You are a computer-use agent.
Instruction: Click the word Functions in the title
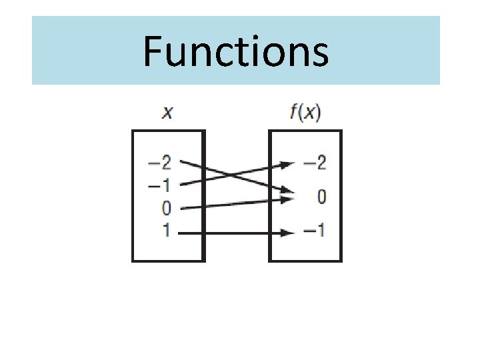tap(235, 52)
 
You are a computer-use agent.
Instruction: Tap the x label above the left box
tap(168, 113)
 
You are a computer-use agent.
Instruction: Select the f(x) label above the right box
tap(305, 113)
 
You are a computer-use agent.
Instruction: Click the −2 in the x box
tap(162, 162)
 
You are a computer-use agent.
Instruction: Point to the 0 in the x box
tap(167, 208)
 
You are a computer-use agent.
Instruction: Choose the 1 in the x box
tap(167, 231)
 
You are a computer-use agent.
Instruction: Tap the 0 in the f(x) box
tap(321, 197)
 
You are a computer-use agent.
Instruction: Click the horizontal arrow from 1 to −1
tap(233, 233)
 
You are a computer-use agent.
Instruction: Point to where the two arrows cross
tap(229, 175)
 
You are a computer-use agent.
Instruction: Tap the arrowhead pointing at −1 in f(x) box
tap(287, 233)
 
